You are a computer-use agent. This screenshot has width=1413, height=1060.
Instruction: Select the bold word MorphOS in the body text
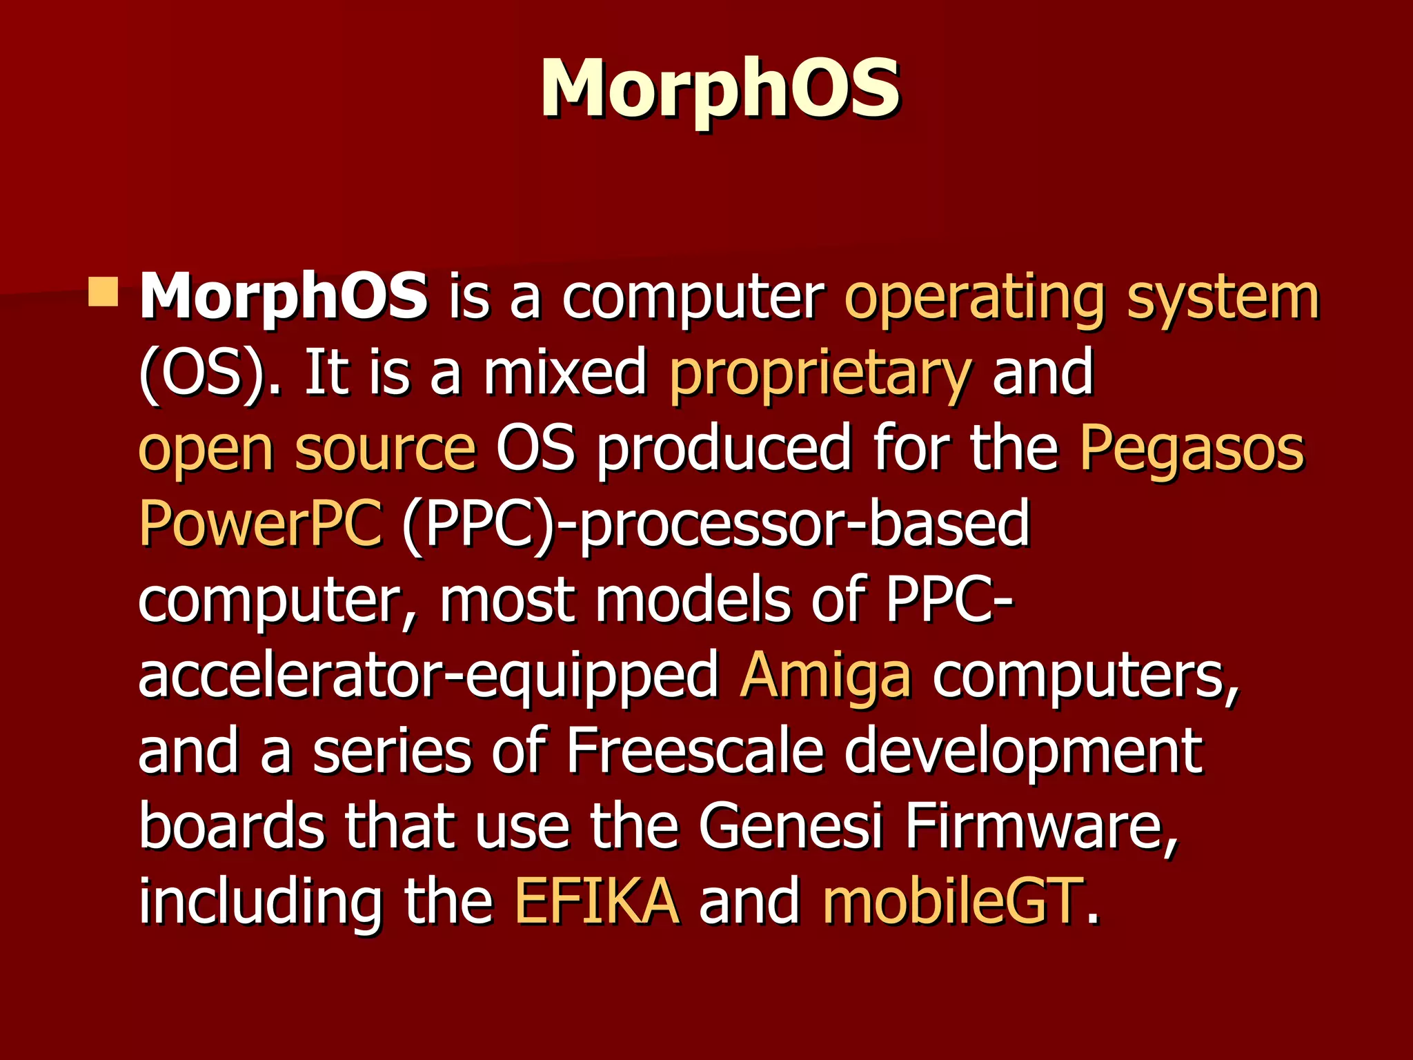[x=284, y=297]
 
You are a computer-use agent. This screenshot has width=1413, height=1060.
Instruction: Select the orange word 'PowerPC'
[x=261, y=522]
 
